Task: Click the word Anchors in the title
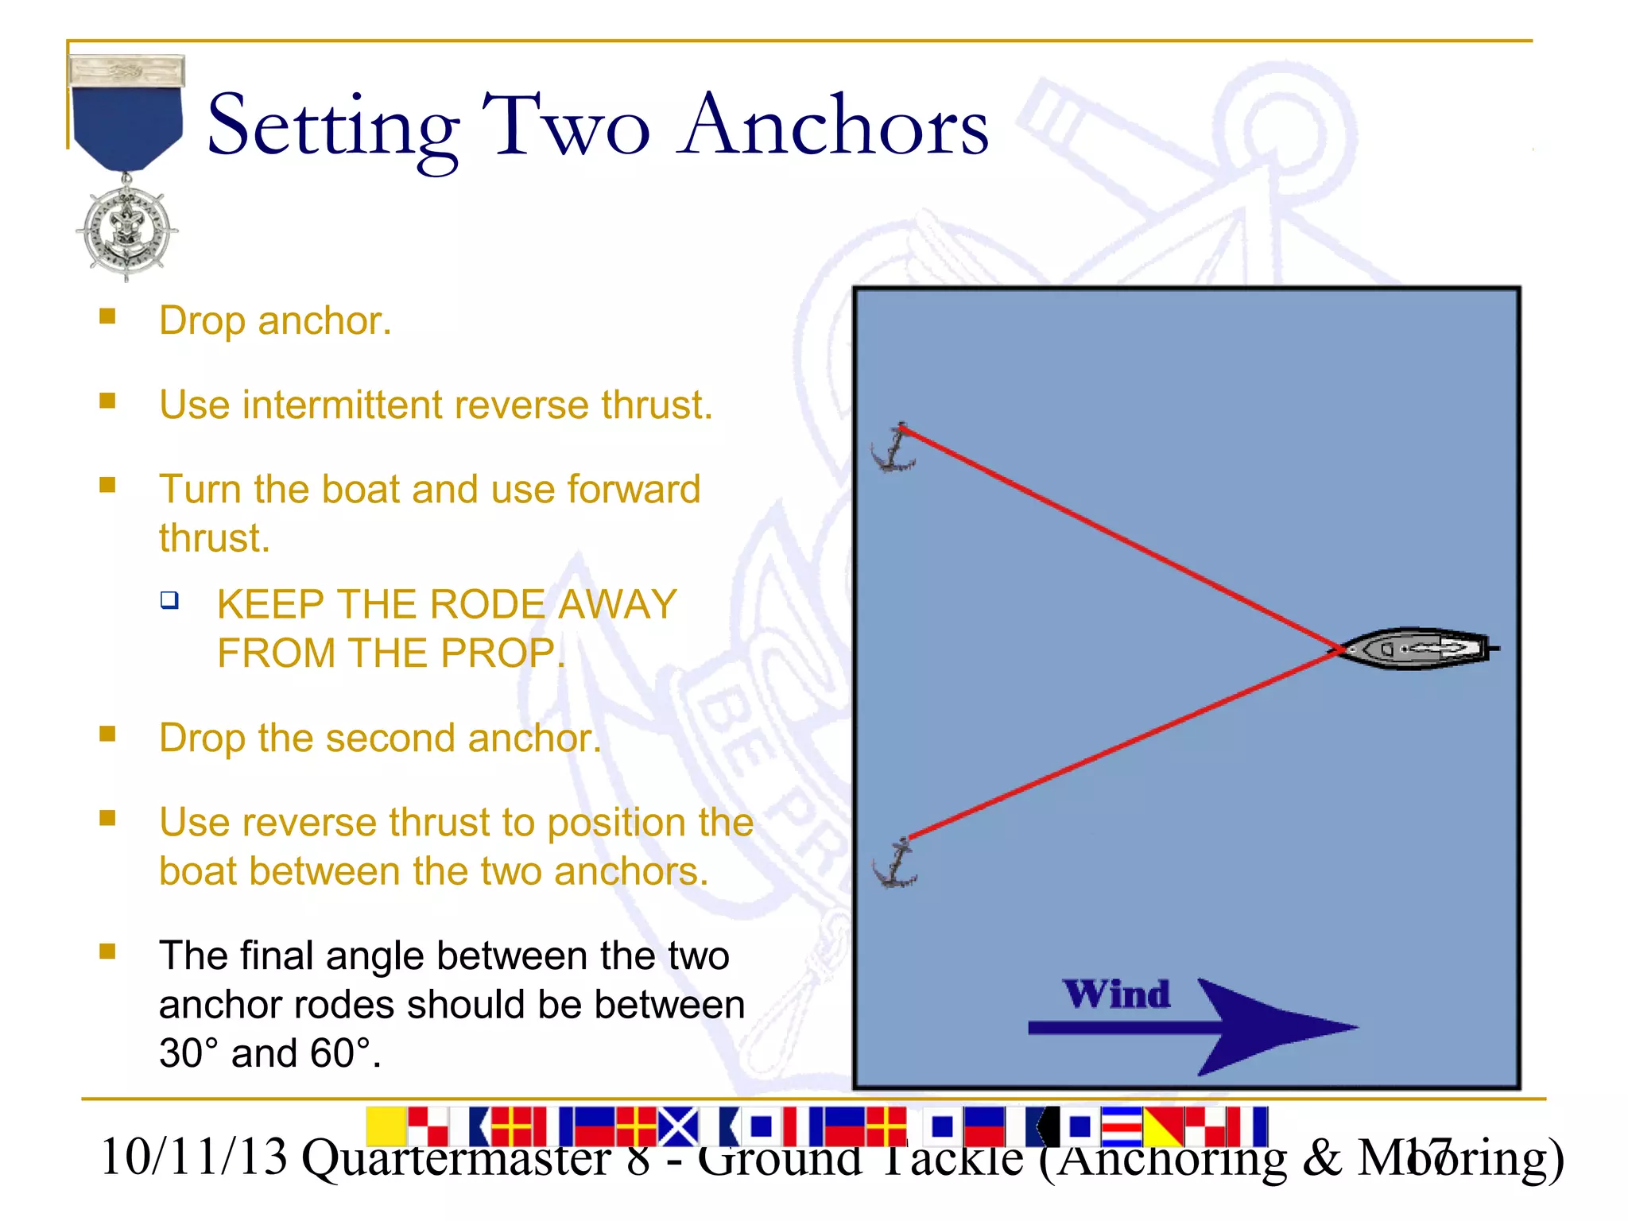(x=835, y=126)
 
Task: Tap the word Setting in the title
(x=333, y=127)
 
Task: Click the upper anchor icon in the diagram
(x=893, y=450)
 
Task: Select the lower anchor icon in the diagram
(x=896, y=865)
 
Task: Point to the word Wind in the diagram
(x=1117, y=994)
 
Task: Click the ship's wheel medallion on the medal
(x=127, y=230)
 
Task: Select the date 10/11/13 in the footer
(x=194, y=1157)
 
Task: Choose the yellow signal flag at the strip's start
(x=386, y=1126)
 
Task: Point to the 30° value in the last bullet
(x=188, y=1053)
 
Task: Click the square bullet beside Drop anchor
(x=108, y=317)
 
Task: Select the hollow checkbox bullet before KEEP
(x=169, y=600)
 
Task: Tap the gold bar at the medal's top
(x=127, y=71)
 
